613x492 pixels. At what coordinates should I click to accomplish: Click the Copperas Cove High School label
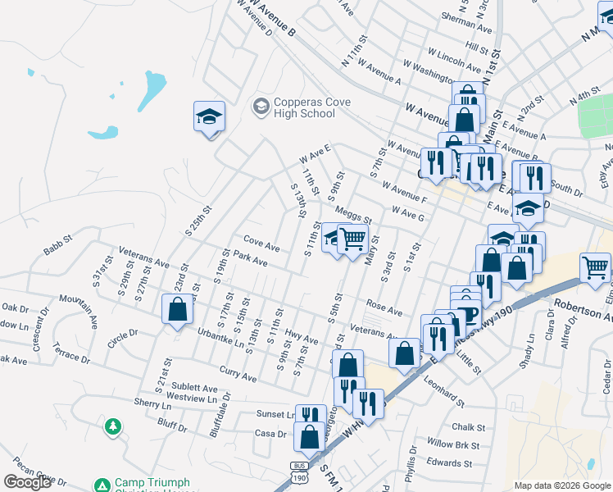click(304, 107)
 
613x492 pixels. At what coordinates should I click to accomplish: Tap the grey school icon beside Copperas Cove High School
click(261, 107)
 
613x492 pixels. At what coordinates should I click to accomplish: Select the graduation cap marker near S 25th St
click(209, 117)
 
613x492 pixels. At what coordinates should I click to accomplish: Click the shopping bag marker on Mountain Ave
click(177, 310)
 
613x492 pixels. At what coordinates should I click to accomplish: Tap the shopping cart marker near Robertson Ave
click(595, 266)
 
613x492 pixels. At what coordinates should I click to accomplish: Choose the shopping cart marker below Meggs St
click(352, 239)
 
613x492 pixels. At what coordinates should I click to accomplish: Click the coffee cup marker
click(468, 316)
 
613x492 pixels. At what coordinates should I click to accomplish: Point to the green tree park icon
click(112, 426)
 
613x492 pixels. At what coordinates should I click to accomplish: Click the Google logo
click(27, 482)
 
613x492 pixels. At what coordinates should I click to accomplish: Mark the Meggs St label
click(353, 215)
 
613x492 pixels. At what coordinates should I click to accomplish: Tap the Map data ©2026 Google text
click(562, 485)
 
